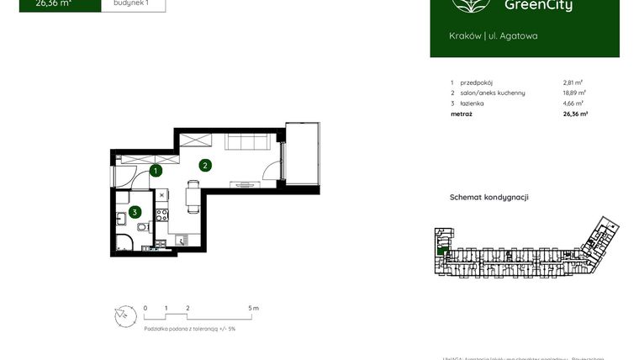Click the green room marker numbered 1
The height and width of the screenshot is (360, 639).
click(x=156, y=172)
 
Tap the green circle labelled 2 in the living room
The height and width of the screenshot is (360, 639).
click(x=204, y=165)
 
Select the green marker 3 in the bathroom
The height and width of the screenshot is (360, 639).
click(x=134, y=212)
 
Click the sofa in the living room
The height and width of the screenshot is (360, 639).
click(x=245, y=140)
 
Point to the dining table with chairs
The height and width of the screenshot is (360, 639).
click(x=192, y=199)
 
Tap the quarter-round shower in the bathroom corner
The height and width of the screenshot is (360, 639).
click(x=123, y=244)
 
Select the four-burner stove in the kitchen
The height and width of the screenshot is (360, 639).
click(x=161, y=217)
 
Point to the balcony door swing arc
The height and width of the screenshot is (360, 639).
click(x=269, y=171)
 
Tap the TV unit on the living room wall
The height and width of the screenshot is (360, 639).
click(x=245, y=183)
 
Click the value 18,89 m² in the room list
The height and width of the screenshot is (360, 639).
click(x=574, y=93)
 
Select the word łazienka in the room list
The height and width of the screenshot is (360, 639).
click(x=473, y=103)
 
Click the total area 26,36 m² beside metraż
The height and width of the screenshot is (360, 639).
click(x=574, y=113)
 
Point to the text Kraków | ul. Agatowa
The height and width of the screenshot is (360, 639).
click(x=494, y=36)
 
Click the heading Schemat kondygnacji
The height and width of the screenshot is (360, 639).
click(x=489, y=198)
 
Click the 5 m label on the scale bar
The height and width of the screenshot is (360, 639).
click(x=254, y=309)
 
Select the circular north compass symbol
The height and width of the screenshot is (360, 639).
click(x=124, y=315)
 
